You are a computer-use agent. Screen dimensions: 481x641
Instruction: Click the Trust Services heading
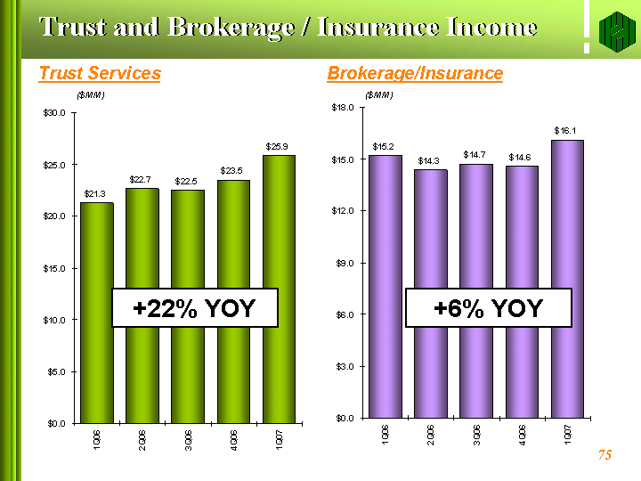click(100, 73)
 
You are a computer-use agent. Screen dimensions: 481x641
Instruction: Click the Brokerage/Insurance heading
click(415, 73)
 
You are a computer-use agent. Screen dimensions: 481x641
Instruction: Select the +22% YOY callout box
click(195, 308)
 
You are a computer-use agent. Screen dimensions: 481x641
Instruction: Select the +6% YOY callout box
click(488, 308)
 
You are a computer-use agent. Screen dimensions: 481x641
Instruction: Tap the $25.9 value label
click(278, 146)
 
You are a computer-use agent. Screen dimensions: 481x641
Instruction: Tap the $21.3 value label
click(96, 193)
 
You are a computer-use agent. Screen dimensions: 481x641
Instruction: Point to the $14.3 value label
click(430, 160)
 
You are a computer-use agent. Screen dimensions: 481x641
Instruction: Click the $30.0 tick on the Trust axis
click(54, 113)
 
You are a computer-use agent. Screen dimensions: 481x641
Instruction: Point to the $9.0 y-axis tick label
click(346, 263)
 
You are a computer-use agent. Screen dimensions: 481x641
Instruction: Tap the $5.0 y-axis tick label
click(56, 371)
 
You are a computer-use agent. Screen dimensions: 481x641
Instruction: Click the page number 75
click(604, 455)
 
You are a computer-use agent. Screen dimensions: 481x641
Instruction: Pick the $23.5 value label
click(232, 170)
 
